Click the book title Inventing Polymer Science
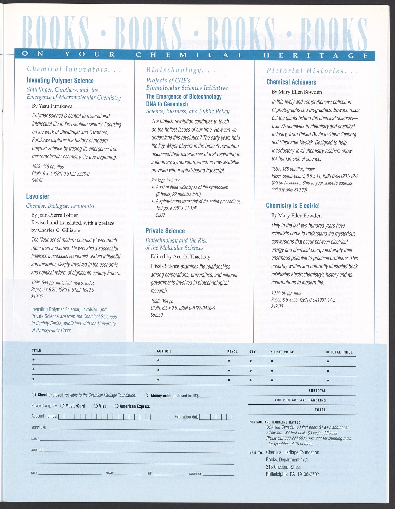(x=60, y=81)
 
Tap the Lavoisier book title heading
(x=38, y=196)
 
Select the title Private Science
(x=165, y=231)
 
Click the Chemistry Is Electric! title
(x=293, y=206)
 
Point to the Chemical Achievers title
(x=291, y=82)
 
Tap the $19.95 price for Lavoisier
(x=37, y=296)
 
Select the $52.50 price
(x=157, y=315)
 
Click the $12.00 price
(x=277, y=306)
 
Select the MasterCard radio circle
(x=62, y=406)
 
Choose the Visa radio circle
(x=95, y=406)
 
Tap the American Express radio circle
(x=116, y=406)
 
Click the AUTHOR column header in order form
(x=164, y=351)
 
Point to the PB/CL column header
(x=232, y=351)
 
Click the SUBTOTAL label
(x=317, y=391)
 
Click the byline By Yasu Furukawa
(x=52, y=106)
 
